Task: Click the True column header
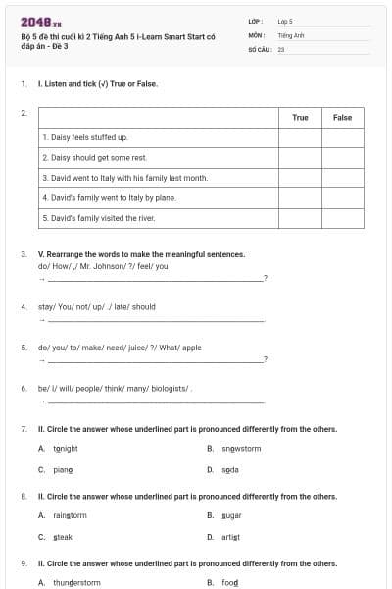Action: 300,118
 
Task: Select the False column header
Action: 342,118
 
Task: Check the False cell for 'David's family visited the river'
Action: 342,217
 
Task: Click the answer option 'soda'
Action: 229,470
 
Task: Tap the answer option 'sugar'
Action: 231,515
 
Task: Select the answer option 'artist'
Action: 230,537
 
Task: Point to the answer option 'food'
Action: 229,582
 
